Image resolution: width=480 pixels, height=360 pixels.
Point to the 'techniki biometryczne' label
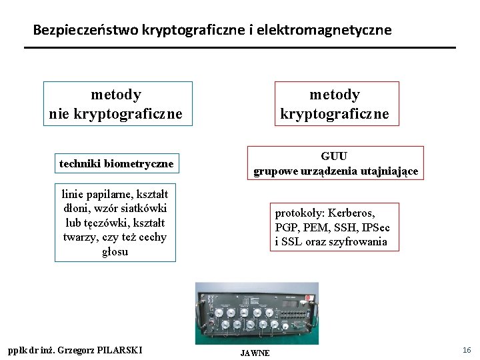click(116, 163)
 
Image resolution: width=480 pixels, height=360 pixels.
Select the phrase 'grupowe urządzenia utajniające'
click(335, 171)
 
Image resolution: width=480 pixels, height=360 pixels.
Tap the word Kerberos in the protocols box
click(353, 213)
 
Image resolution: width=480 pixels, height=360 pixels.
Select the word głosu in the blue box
click(115, 252)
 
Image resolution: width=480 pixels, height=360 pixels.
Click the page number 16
click(467, 350)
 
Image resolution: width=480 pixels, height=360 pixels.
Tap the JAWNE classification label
click(255, 353)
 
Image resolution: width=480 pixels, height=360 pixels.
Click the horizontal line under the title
click(240, 47)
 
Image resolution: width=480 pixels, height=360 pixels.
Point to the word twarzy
click(78, 237)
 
